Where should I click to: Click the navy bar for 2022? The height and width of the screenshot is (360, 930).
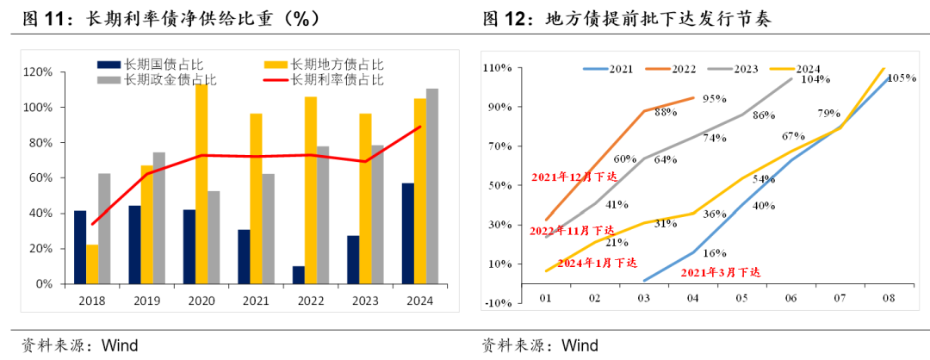click(x=299, y=275)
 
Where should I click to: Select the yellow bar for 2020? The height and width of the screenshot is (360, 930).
click(x=201, y=183)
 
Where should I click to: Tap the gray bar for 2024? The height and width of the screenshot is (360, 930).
click(x=431, y=186)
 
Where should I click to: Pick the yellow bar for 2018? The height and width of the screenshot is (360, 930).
click(x=92, y=264)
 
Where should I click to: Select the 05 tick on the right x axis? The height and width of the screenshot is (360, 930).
click(x=742, y=298)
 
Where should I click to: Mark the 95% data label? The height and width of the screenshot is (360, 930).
click(x=715, y=99)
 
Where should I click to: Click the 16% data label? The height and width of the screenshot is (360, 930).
click(x=714, y=253)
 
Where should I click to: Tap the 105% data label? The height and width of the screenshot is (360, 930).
click(x=901, y=78)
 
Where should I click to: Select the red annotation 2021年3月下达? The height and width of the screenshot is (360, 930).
click(x=721, y=272)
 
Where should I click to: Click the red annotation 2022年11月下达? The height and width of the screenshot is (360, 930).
click(x=572, y=231)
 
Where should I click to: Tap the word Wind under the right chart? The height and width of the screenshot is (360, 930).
click(x=580, y=345)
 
